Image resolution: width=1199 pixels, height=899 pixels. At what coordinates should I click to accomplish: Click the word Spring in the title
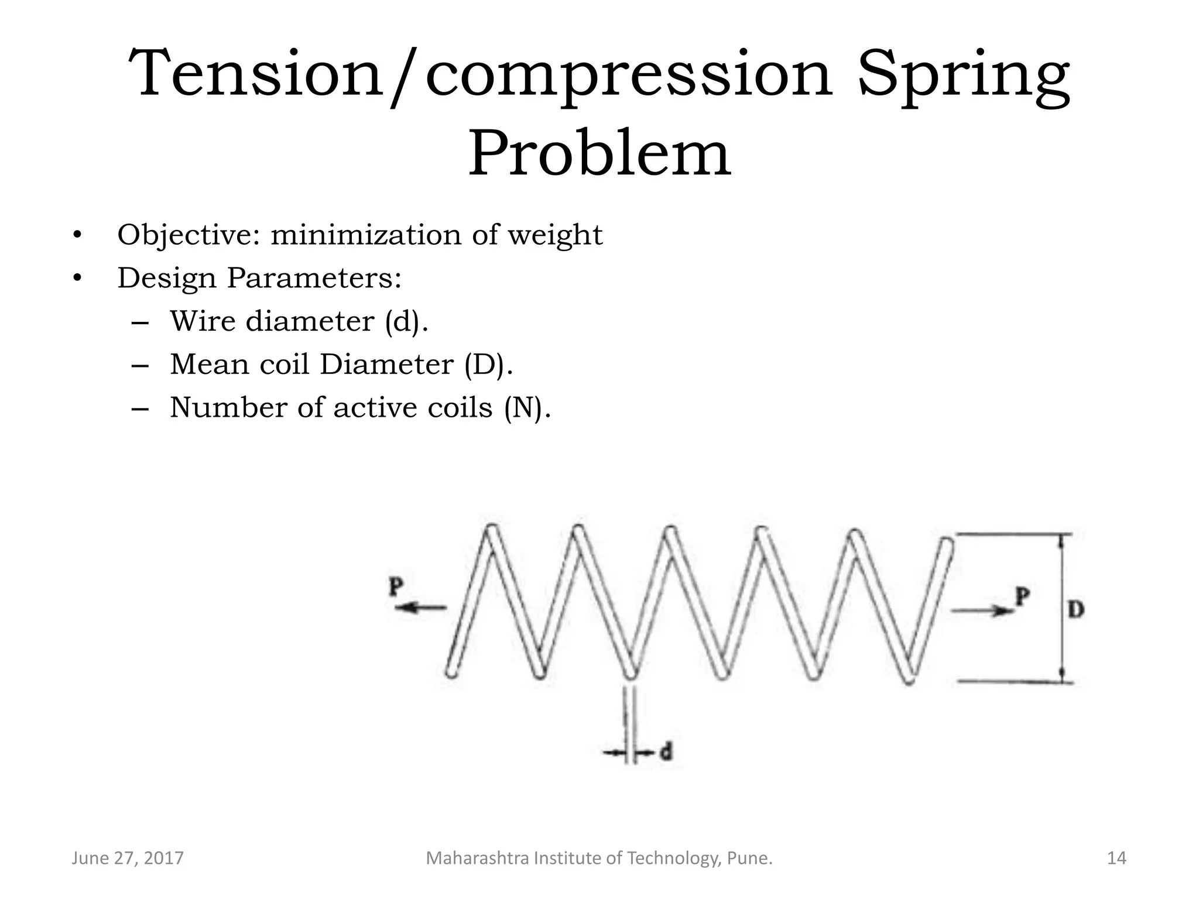click(x=963, y=75)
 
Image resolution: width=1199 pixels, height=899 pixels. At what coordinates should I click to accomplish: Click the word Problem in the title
click(x=599, y=154)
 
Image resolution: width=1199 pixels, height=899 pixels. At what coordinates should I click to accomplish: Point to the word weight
click(x=554, y=235)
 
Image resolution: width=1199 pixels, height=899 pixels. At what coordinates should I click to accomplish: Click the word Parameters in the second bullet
click(x=314, y=277)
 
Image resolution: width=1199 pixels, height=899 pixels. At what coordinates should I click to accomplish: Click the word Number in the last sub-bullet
click(x=229, y=408)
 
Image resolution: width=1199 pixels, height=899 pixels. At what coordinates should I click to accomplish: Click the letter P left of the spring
click(x=396, y=587)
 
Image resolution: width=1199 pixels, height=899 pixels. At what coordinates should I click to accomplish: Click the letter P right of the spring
click(x=1022, y=597)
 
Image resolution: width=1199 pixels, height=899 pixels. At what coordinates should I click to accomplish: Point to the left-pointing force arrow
click(x=421, y=608)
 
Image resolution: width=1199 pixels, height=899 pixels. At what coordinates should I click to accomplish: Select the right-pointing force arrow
click(x=982, y=611)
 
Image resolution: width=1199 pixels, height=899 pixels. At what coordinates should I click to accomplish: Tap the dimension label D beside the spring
click(x=1076, y=610)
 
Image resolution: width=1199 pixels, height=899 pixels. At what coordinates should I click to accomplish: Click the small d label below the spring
click(x=666, y=752)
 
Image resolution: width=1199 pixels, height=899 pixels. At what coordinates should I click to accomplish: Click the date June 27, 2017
click(x=128, y=859)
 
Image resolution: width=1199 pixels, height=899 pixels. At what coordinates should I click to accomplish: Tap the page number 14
click(x=1116, y=859)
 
